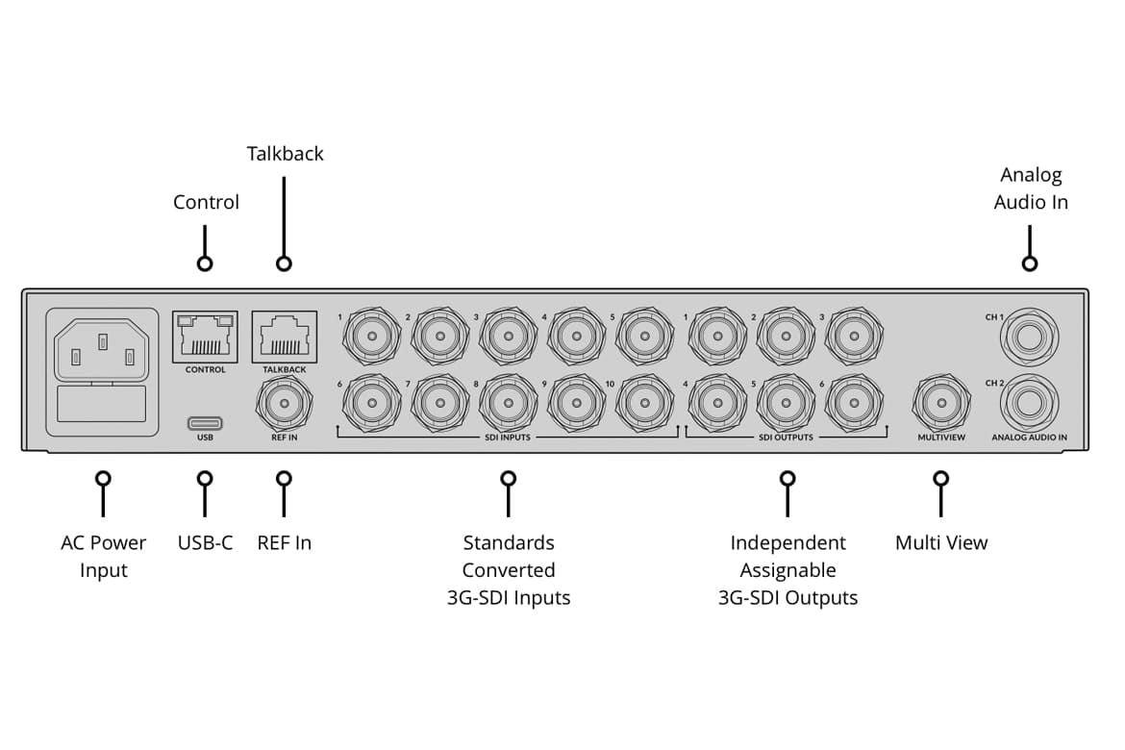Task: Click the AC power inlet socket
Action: [101, 347]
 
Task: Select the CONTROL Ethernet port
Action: [205, 337]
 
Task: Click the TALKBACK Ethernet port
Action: [284, 337]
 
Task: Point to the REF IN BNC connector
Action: [284, 402]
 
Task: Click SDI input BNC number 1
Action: [372, 336]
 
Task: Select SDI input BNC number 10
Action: [644, 402]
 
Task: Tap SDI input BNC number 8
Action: [508, 402]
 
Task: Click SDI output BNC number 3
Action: [853, 336]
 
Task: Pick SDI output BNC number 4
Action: [716, 402]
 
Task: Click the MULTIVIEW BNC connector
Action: [941, 402]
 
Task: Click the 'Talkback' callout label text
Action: [285, 154]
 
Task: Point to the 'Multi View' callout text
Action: [941, 543]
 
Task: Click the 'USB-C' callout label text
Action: [205, 543]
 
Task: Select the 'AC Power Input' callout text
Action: [103, 557]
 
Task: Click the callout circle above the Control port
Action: [204, 263]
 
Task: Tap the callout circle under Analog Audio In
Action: [1030, 263]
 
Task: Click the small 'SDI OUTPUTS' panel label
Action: [786, 437]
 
